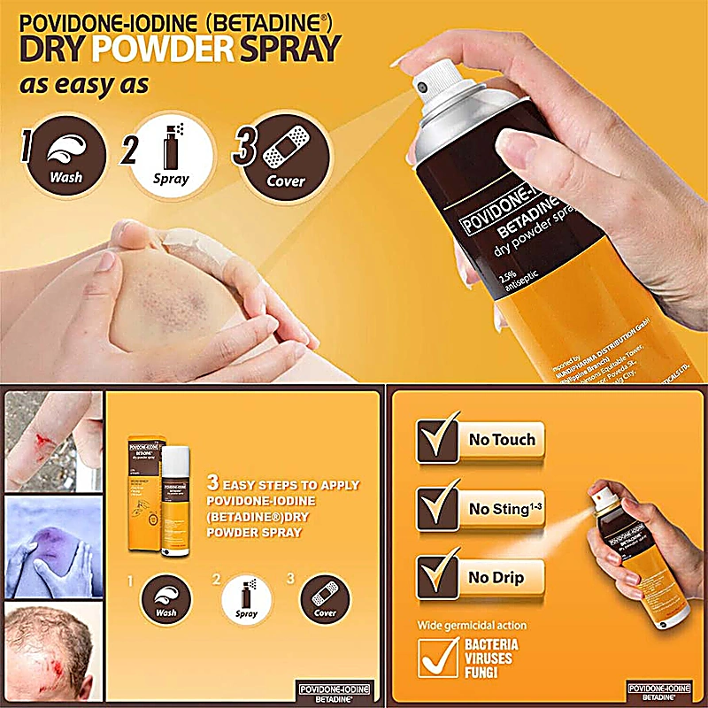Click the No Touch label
[503, 438]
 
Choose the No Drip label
[496, 577]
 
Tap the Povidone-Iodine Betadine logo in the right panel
[659, 690]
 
